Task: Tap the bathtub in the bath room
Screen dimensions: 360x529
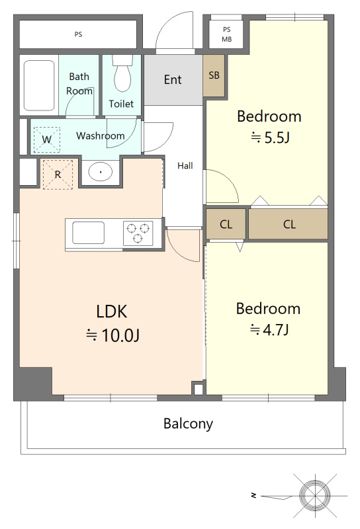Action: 39,85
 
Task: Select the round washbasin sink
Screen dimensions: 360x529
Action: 101,172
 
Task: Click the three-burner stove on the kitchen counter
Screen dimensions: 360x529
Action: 138,233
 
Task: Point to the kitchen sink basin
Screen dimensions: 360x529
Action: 88,233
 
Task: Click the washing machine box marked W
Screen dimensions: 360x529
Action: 47,140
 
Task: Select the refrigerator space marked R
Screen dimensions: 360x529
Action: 58,175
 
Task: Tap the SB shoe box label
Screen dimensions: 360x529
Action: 214,75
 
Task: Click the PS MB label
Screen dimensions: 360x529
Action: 226,34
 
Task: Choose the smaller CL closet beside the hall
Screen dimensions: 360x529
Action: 226,224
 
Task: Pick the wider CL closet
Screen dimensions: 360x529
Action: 289,224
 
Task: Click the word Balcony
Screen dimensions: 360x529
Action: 188,424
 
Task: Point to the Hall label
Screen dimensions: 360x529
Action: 185,166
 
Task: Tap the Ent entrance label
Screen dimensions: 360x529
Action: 173,80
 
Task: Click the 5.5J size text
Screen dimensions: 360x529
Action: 277,138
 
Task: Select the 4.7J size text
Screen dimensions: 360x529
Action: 275,330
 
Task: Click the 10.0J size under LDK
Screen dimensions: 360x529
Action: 120,335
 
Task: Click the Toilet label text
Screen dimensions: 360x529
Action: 121,104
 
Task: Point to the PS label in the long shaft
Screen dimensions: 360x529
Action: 78,34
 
